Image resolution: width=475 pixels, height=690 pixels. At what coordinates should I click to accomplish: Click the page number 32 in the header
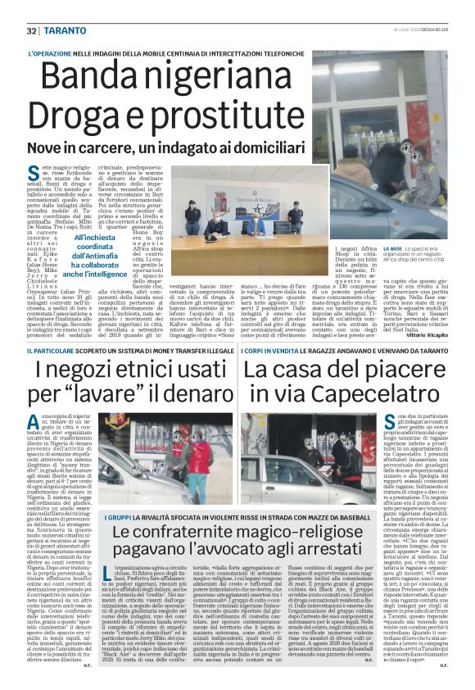click(31, 30)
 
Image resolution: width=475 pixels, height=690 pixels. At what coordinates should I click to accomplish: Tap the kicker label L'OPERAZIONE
click(53, 54)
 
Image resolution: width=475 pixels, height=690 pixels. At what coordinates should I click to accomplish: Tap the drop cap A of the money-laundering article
click(33, 421)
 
